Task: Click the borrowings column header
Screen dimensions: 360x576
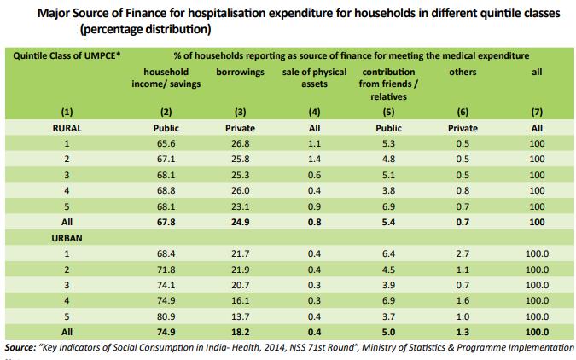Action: coord(240,73)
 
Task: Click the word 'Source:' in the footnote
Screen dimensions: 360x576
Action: coord(24,348)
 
